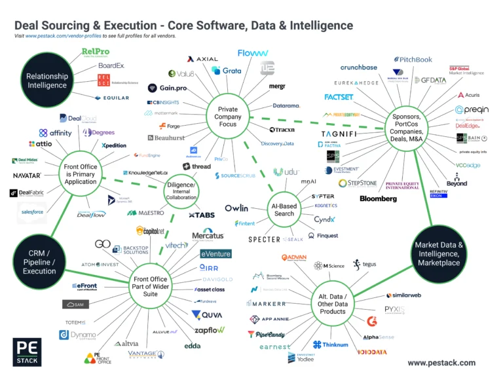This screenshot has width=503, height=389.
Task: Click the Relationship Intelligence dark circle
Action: point(47,81)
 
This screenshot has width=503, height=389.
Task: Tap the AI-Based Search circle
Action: point(284,209)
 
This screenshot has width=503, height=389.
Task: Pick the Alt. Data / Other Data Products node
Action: point(333,303)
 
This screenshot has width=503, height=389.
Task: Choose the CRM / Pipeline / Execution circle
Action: point(39,262)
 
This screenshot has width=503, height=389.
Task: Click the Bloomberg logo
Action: point(378,198)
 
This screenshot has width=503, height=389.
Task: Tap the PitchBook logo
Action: point(414,60)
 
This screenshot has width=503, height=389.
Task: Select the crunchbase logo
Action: point(358,67)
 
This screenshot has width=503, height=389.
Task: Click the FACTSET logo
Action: point(339,97)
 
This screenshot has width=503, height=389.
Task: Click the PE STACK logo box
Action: point(26,352)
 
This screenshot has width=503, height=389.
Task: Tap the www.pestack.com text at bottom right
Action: point(441,362)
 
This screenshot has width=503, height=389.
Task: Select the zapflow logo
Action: point(208,330)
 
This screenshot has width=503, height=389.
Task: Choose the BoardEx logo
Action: point(111,65)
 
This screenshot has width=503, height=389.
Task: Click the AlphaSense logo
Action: point(379,337)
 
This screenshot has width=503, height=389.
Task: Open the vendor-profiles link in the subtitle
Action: point(64,37)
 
